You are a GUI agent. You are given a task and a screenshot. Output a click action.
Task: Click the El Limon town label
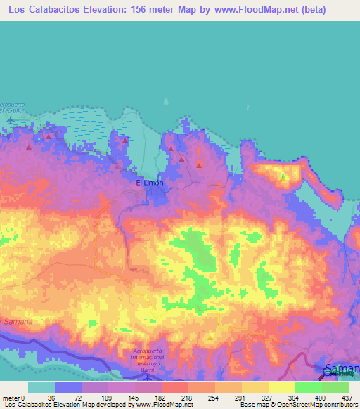(149, 183)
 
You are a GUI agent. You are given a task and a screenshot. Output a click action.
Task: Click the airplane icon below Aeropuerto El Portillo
(11, 119)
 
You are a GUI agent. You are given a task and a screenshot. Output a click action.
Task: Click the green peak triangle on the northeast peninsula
(283, 176)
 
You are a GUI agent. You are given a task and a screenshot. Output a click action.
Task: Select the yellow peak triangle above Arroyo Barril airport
(210, 337)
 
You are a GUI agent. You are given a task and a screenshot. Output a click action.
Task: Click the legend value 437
(347, 397)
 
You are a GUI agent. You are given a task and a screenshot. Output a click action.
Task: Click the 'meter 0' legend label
(13, 397)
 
